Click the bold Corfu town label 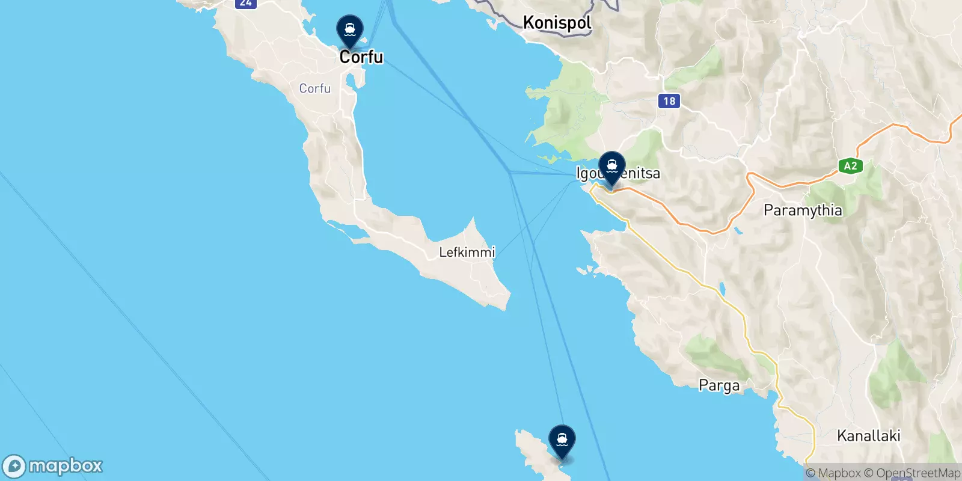(361, 57)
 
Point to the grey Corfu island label (314, 88)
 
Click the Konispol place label (557, 23)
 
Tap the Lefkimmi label (467, 252)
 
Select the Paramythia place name (803, 210)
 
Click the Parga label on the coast (719, 385)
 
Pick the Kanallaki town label (869, 436)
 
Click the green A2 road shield (850, 166)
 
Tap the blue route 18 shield (669, 101)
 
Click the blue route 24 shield (245, 3)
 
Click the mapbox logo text (66, 466)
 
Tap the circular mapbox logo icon (14, 467)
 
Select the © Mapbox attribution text (833, 473)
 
